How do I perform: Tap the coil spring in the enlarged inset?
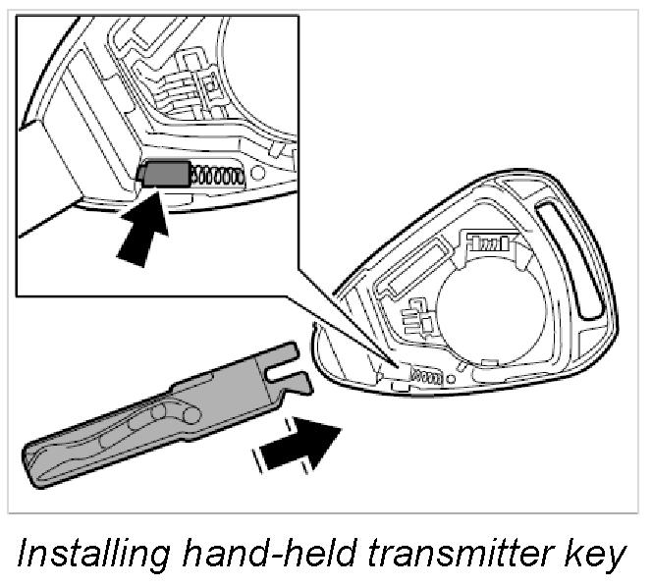coord(216,175)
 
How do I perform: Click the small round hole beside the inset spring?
coord(257,173)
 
